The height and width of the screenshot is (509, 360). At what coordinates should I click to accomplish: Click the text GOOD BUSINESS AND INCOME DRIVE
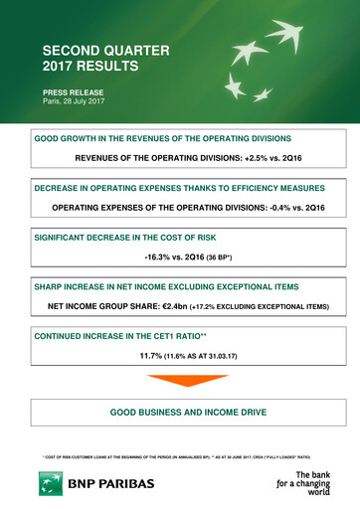click(179, 412)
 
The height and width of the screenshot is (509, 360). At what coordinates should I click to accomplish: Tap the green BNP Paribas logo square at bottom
click(51, 484)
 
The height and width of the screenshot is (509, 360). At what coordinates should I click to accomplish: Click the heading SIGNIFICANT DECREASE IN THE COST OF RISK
click(124, 238)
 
